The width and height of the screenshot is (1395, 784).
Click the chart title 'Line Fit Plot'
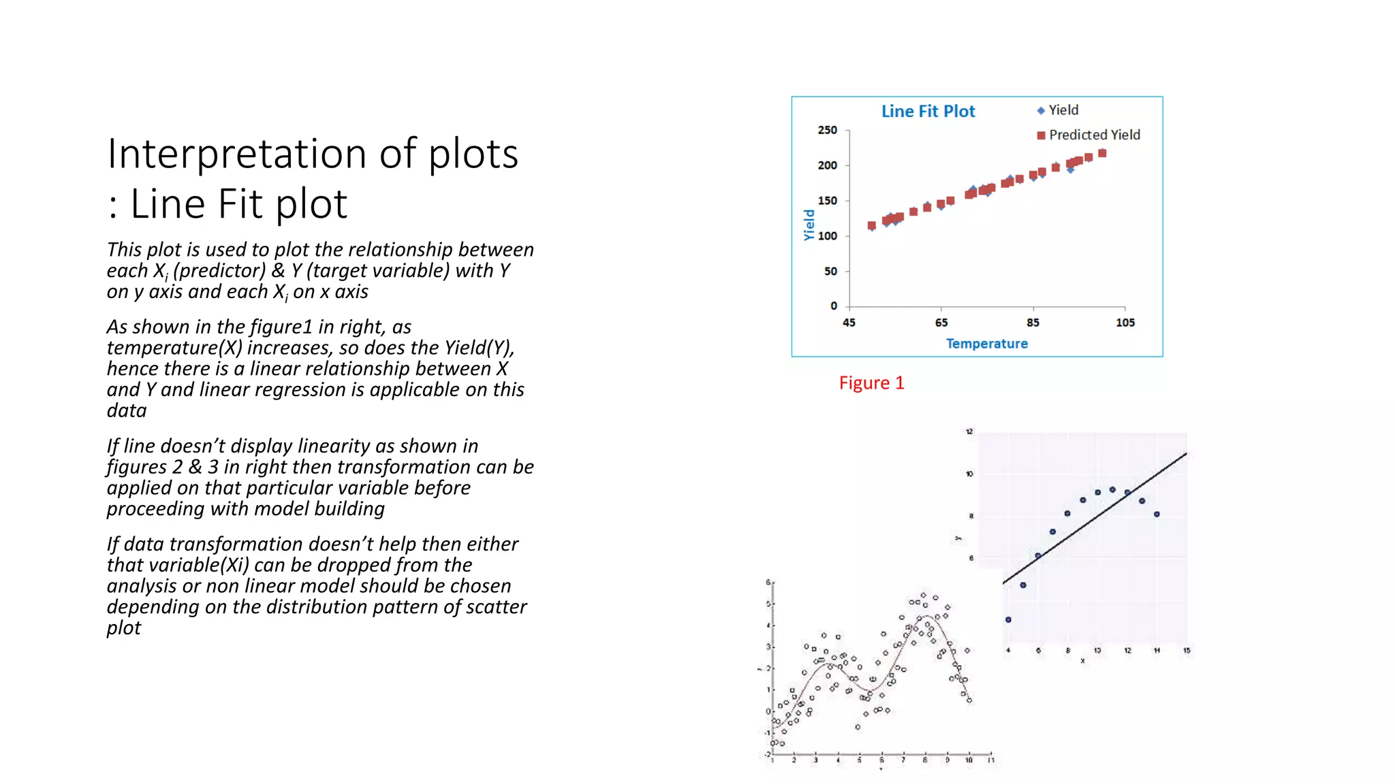click(x=928, y=112)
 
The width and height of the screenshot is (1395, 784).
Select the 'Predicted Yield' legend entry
click(x=1088, y=135)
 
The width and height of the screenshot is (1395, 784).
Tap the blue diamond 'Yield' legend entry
click(x=1058, y=110)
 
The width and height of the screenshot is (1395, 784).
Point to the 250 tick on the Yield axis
click(x=828, y=130)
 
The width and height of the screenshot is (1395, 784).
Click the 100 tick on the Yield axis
click(x=828, y=236)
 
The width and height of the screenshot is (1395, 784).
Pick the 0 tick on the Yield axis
click(x=833, y=306)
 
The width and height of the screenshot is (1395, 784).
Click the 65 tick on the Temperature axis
click(x=941, y=323)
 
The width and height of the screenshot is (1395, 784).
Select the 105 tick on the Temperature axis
click(x=1125, y=323)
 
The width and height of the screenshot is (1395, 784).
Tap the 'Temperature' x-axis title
click(x=986, y=344)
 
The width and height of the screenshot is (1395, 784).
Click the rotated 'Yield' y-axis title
click(x=809, y=225)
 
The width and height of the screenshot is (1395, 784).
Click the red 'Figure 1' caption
click(x=871, y=383)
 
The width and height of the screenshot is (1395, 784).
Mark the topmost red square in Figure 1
click(x=1102, y=154)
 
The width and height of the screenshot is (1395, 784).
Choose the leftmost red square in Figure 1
click(x=872, y=225)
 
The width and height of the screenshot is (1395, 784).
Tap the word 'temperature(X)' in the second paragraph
click(x=174, y=348)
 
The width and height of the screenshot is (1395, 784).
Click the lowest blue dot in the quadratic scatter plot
click(x=1008, y=619)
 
